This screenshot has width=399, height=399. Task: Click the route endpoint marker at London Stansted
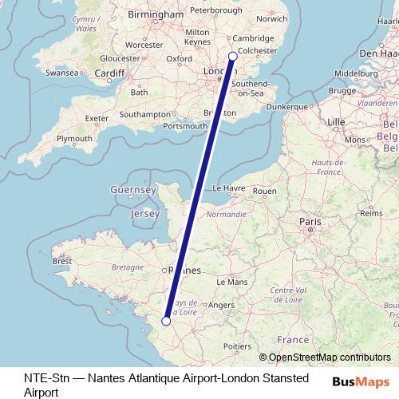point(232,56)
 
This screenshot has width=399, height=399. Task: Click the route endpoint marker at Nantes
point(165,321)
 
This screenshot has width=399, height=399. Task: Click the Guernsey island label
point(132,191)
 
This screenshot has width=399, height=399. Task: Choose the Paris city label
point(309,219)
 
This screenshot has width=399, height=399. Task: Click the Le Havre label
point(228,188)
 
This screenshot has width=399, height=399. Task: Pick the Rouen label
point(264,192)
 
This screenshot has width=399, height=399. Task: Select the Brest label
point(62,261)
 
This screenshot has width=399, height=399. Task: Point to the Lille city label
point(335,121)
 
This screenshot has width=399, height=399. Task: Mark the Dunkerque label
point(287,105)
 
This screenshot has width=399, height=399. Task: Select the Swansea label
point(61,72)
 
